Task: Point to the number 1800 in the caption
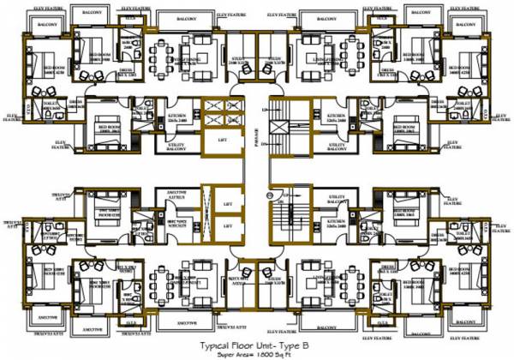pyautogui.click(x=270, y=352)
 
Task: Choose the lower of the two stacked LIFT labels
pyautogui.click(x=227, y=225)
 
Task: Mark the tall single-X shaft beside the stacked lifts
pyautogui.click(x=206, y=214)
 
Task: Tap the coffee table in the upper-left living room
pyautogui.click(x=208, y=57)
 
